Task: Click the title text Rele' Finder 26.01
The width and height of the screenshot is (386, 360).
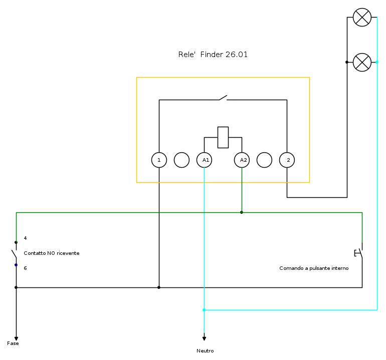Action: coord(213,55)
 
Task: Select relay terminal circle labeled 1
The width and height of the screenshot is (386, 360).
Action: coord(159,160)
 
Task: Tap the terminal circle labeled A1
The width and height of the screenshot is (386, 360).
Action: coord(204,160)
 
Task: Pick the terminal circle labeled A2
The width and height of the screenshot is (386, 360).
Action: coord(242,160)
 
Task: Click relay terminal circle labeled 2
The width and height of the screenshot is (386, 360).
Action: coord(287,160)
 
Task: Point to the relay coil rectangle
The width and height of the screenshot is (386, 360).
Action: coord(223,137)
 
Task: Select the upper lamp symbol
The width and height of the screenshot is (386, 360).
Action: coord(362,18)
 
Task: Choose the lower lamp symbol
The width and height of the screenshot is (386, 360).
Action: coord(362,63)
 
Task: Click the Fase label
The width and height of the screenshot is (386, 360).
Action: coord(13,343)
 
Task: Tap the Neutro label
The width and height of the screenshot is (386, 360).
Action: coord(205,351)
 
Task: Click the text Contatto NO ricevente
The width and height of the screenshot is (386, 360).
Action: coord(52,253)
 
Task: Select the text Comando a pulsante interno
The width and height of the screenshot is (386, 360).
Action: coord(314,268)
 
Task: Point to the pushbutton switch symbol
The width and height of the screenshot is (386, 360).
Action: coord(359,253)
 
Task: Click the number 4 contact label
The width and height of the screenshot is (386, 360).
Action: coord(25,238)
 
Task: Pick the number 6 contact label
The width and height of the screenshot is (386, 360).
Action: coord(25,268)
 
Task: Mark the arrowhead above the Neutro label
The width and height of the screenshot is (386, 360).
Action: coord(204,337)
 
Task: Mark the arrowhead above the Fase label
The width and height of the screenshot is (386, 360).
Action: coord(16,338)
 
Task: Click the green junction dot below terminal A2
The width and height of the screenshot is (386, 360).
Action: coord(242,212)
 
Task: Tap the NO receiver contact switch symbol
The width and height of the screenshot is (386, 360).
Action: coord(15,253)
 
